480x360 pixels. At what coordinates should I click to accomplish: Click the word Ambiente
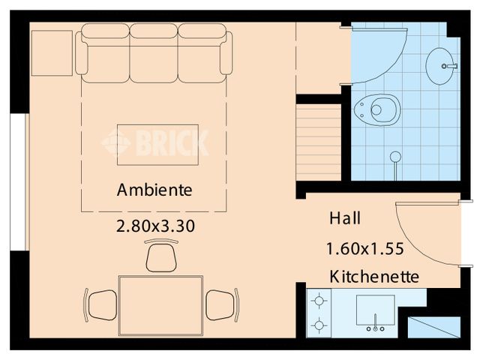[154, 190]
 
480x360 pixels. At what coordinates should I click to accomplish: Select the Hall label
[345, 219]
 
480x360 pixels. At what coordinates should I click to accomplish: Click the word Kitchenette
[374, 277]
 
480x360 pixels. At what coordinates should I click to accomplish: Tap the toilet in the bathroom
[378, 109]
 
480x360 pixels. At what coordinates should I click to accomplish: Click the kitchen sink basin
[375, 310]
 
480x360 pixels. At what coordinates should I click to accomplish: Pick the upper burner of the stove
[320, 302]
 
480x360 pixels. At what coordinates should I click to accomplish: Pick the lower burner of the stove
[320, 326]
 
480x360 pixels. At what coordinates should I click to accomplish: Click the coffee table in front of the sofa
[157, 144]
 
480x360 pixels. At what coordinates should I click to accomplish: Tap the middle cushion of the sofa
[154, 52]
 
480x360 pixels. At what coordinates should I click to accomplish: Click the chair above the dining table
[160, 256]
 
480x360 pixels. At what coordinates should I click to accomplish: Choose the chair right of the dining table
[223, 304]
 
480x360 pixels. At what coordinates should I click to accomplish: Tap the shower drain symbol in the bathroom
[395, 157]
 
